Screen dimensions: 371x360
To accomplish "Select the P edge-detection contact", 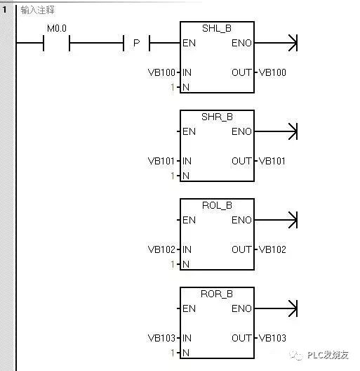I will (136, 44).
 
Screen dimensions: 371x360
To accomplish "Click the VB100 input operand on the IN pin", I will (163, 72).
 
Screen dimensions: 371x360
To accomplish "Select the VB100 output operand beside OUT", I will (272, 72).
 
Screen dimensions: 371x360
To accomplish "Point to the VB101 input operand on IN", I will (163, 161).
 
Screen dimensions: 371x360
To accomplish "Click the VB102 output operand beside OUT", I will (272, 249).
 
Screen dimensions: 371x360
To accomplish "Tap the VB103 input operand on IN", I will (163, 338).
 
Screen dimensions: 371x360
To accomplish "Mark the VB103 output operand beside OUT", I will (272, 338).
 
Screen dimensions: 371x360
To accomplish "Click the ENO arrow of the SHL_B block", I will (292, 44).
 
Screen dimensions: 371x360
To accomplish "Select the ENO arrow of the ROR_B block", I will (292, 308).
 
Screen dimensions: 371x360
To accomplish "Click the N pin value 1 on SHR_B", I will (172, 176).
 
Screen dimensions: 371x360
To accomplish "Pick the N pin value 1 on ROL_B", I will (172, 264).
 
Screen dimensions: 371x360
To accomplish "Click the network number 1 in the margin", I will (6, 11).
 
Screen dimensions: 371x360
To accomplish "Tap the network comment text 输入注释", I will (38, 11).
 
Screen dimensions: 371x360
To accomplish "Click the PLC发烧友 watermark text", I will (330, 357).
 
